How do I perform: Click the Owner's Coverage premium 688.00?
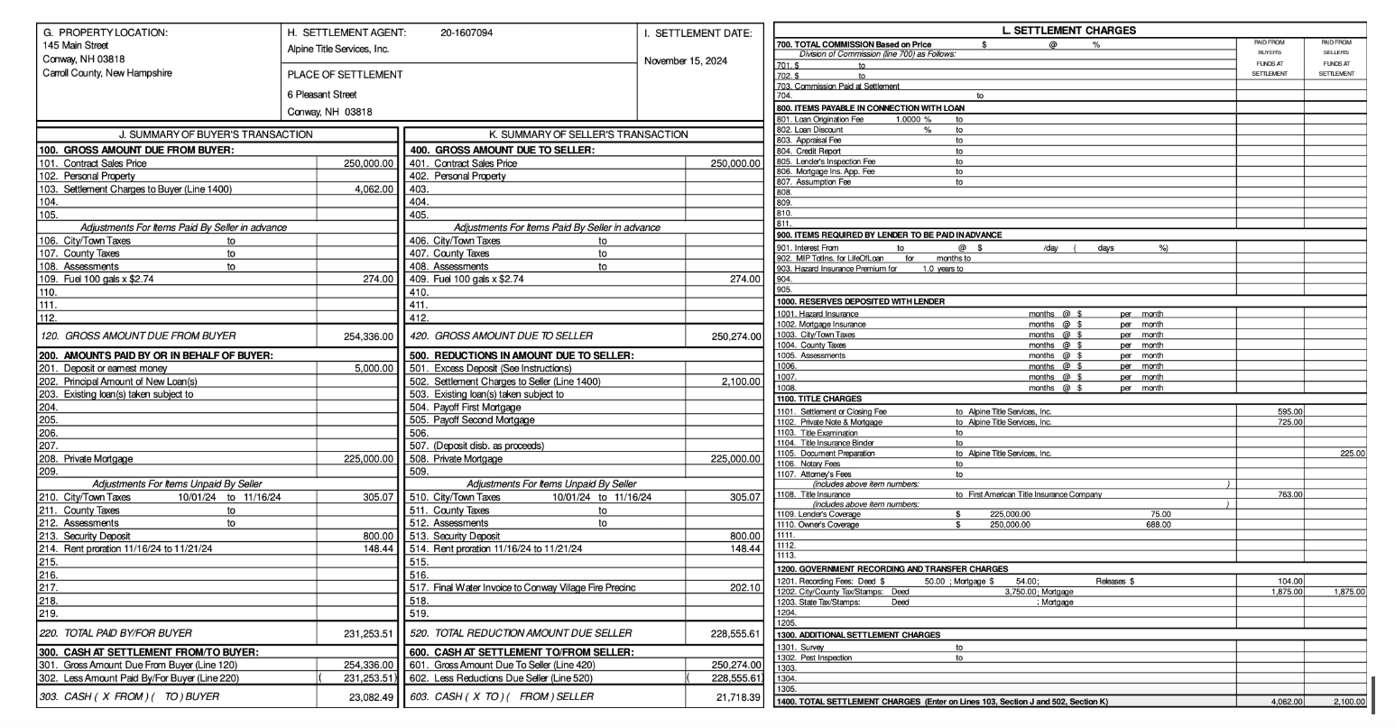coord(1158,524)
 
